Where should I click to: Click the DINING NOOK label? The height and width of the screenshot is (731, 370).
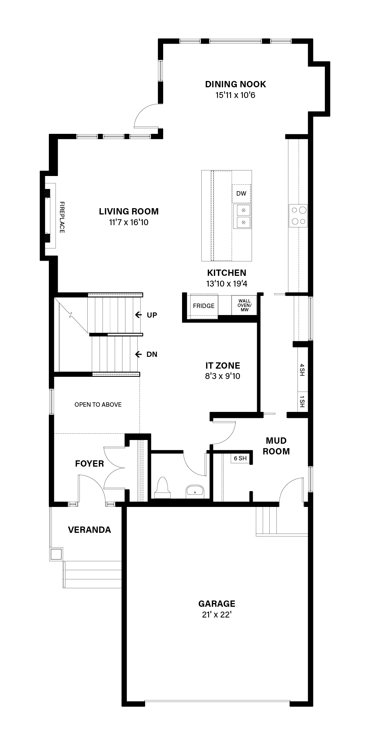pos(236,84)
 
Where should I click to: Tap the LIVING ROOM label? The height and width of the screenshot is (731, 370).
pos(129,211)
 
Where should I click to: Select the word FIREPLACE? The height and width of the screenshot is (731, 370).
pos(62,217)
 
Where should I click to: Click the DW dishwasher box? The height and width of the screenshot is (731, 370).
pos(241,193)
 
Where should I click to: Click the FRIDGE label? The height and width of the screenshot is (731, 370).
pos(203,306)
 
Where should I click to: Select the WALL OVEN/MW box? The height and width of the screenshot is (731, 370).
pos(244,305)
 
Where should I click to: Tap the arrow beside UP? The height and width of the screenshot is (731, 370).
pos(138,315)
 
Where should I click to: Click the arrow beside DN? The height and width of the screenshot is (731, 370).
pos(138,354)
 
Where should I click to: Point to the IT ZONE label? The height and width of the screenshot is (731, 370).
pos(223,366)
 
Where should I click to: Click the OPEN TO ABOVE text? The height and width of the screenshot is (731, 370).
pos(98,405)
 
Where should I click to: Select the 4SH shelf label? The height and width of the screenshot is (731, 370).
pos(302,370)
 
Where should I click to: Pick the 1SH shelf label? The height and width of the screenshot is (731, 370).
pos(302,401)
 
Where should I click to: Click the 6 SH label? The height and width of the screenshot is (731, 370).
pos(240,458)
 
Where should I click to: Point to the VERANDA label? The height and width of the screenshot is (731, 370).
pos(90,530)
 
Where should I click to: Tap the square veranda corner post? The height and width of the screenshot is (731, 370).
pos(56,554)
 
